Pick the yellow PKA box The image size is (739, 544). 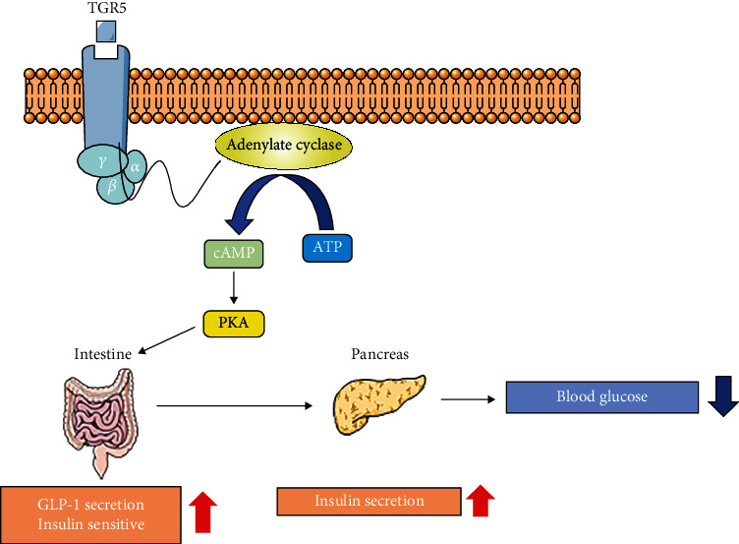coord(234,324)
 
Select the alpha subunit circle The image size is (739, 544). coord(135,167)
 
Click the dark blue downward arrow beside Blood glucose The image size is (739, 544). coord(722,396)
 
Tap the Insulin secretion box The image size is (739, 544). coord(369,501)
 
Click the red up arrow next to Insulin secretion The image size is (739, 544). coord(481,500)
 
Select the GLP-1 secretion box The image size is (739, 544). coord(90,511)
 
